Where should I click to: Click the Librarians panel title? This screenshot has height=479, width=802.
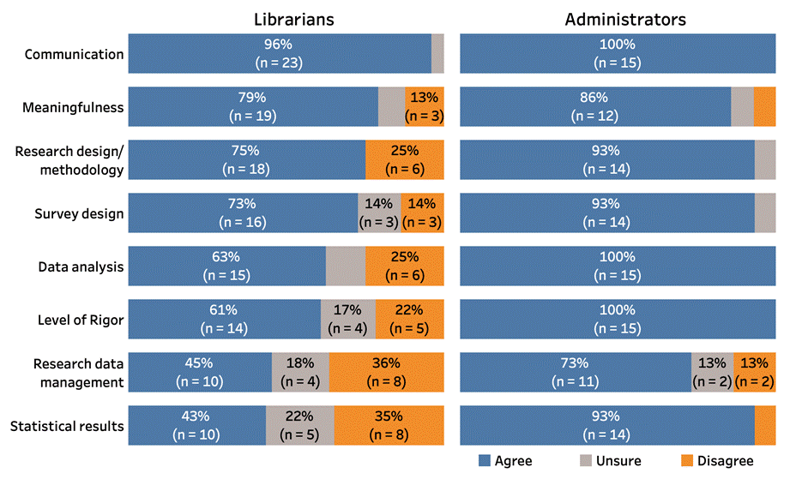pos(286,19)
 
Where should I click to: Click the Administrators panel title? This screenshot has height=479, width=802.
pos(618,19)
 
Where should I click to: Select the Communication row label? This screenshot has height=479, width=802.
pos(75,55)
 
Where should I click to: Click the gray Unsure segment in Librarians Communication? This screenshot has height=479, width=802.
pos(437,54)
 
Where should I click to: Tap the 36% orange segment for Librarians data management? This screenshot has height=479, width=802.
pos(386,373)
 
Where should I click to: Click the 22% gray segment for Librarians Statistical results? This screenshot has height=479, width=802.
pos(299,426)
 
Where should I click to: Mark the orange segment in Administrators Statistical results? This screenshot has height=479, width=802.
pos(764,426)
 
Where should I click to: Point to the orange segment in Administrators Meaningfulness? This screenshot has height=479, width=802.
pos(764,107)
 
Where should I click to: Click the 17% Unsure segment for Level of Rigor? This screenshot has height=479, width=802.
pos(347,320)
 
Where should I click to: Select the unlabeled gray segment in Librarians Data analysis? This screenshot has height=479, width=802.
pos(346,266)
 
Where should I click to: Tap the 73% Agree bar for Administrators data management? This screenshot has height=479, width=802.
pos(576,373)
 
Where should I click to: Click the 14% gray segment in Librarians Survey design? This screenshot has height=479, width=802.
pos(379,213)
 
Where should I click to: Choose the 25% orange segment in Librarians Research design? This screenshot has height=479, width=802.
pos(405,160)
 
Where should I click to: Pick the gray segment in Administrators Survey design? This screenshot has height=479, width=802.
pos(764,213)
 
